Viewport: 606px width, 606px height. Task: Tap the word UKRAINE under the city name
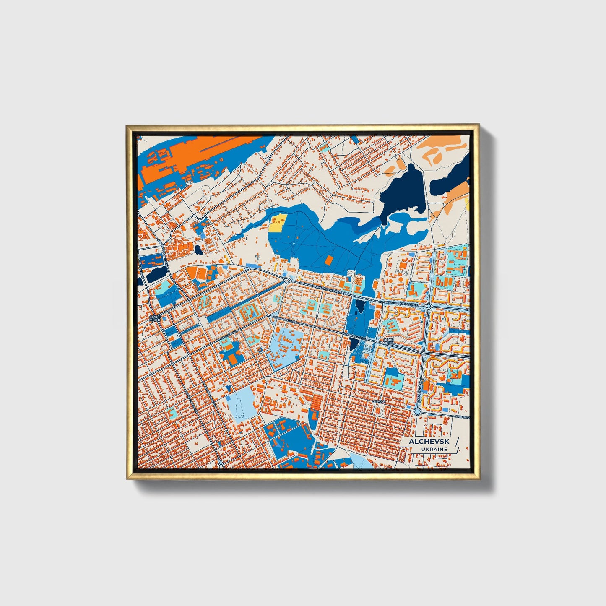tap(434, 449)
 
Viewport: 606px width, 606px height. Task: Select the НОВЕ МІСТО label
tap(388, 341)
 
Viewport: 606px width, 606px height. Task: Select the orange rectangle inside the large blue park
tap(329, 260)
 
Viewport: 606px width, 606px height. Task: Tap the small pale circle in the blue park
tap(294, 244)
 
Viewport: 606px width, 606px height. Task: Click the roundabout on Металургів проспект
tap(429, 307)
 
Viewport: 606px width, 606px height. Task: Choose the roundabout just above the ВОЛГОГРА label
tap(417, 412)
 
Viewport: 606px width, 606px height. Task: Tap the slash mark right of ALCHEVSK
tap(456, 445)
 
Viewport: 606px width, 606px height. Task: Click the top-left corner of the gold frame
tap(127, 126)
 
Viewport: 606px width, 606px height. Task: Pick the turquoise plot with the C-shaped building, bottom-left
tap(172, 412)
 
